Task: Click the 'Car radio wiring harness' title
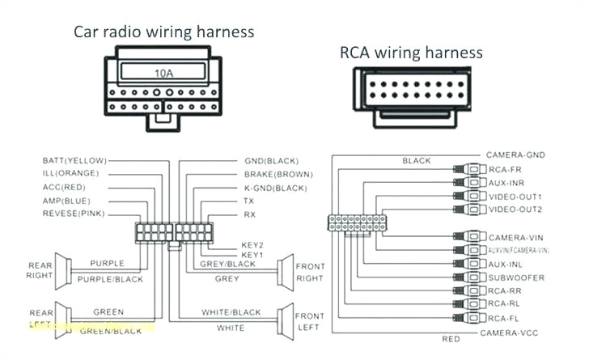[x=164, y=32]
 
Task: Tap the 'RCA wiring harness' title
[x=411, y=53]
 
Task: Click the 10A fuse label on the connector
[x=164, y=74]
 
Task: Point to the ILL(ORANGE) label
[x=70, y=174]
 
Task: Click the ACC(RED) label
[x=65, y=187]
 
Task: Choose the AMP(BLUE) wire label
[x=66, y=200]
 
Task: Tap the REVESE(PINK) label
[x=73, y=214]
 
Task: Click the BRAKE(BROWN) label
[x=277, y=174]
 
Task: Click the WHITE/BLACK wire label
[x=231, y=312]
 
